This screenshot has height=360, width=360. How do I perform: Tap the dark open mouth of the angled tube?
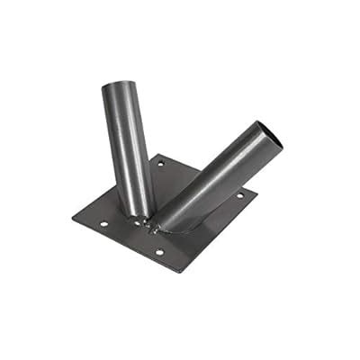(x=268, y=136)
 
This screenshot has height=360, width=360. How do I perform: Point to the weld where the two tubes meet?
(x=150, y=216)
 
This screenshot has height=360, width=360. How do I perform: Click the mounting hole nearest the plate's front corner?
(x=159, y=252)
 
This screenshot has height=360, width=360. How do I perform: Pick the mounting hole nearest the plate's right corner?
(x=239, y=195)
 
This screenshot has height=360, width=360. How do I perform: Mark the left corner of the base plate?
(x=72, y=216)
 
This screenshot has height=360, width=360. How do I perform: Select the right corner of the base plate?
(x=257, y=191)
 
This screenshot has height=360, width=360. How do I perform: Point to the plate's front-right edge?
(x=221, y=232)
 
